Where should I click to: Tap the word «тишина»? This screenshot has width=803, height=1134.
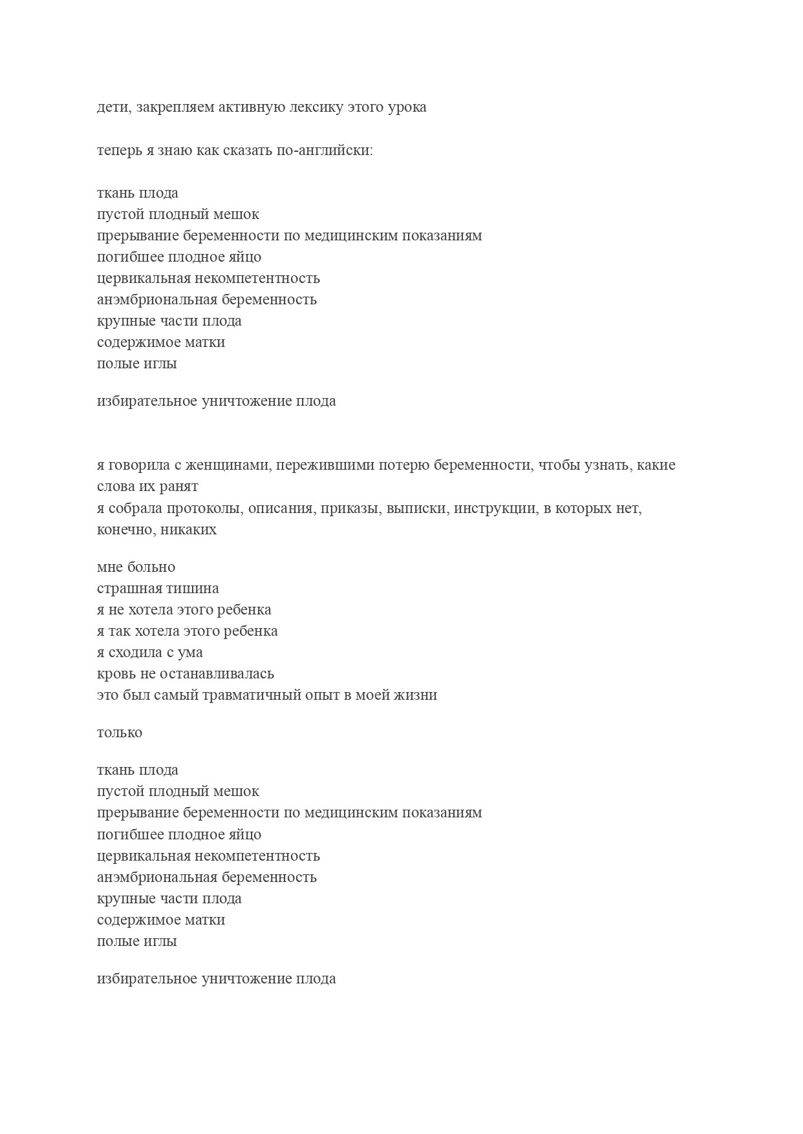click(x=193, y=589)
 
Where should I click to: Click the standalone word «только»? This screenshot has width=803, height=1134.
click(x=120, y=733)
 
